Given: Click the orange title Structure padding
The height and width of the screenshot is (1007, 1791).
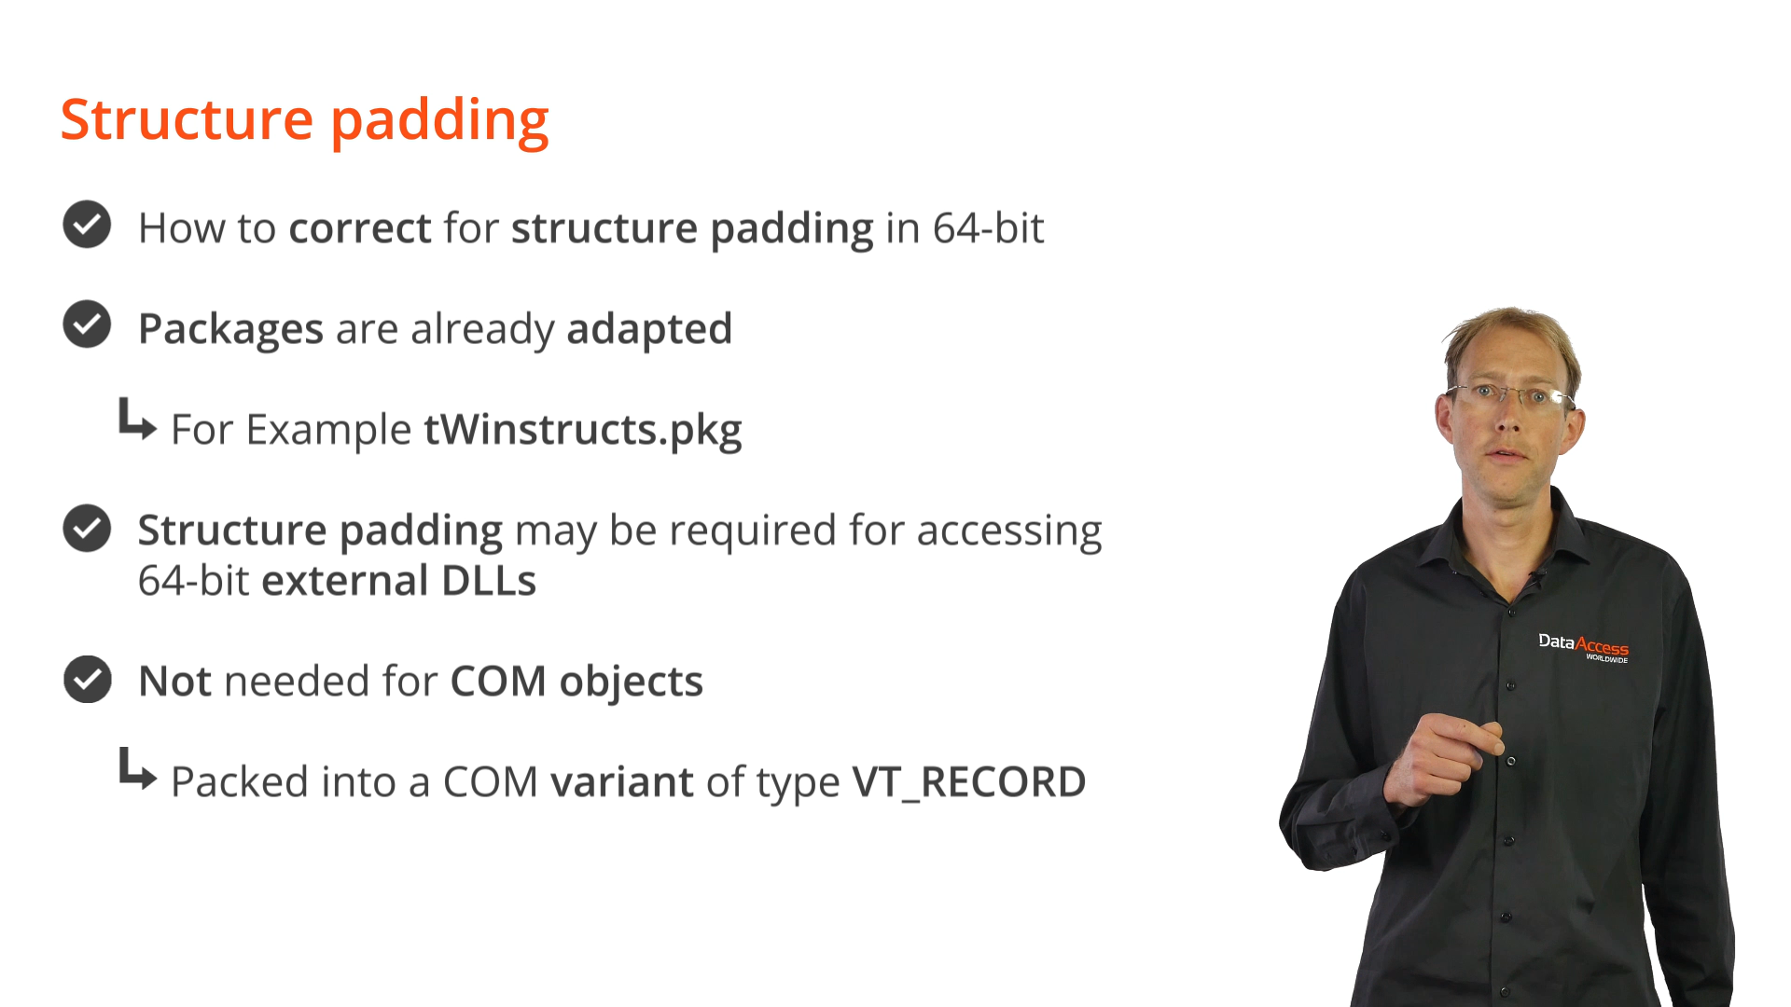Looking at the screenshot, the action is [305, 121].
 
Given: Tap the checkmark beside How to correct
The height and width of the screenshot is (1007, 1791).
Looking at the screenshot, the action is [87, 225].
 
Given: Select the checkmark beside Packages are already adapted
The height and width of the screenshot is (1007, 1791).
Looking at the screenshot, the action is [87, 324].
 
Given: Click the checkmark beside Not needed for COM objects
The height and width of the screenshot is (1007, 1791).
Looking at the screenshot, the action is [87, 679].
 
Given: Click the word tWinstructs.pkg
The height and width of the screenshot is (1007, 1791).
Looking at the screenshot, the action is [583, 430].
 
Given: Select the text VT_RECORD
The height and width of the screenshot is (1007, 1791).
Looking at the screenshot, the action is [969, 782].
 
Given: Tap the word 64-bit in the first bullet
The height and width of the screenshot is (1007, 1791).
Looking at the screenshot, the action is [988, 228].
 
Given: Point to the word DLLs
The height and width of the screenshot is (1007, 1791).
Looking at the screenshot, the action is [489, 581].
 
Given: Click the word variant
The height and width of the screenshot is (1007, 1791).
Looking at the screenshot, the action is [622, 782].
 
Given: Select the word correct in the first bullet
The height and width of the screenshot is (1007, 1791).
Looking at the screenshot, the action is [360, 228].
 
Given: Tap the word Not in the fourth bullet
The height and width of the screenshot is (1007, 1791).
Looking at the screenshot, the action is [175, 682].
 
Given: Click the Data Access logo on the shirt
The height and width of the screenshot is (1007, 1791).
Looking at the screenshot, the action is [1583, 647].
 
